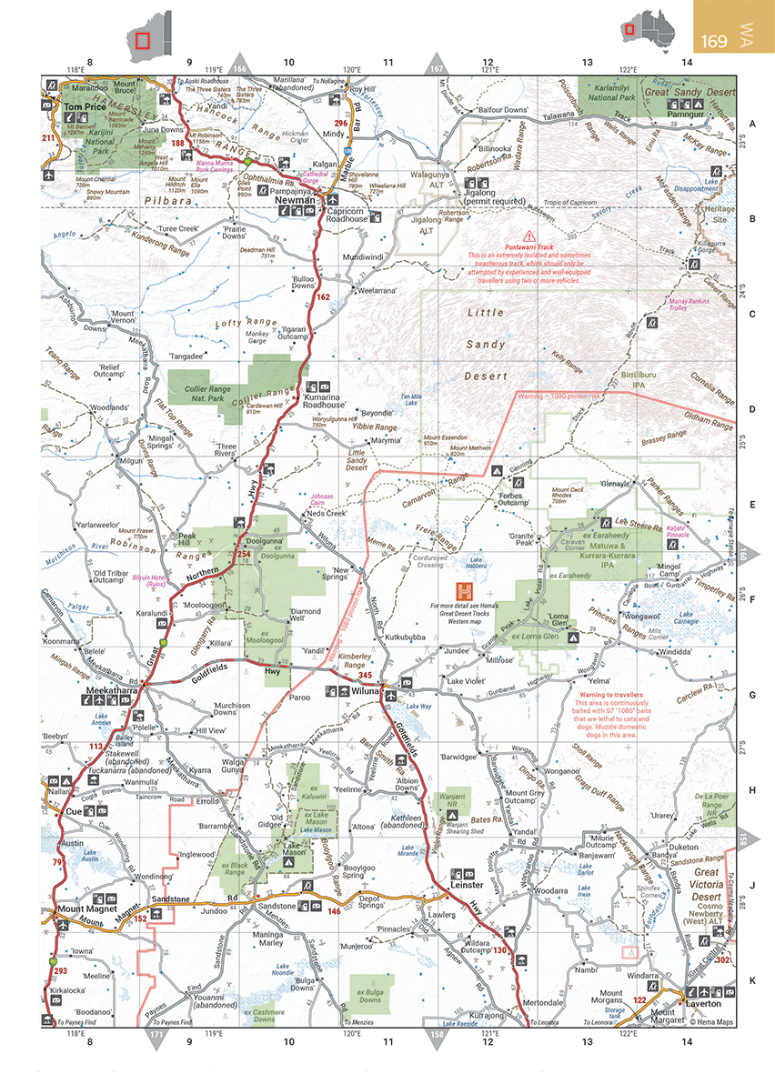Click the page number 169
tap(715, 41)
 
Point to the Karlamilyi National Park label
tap(617, 92)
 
